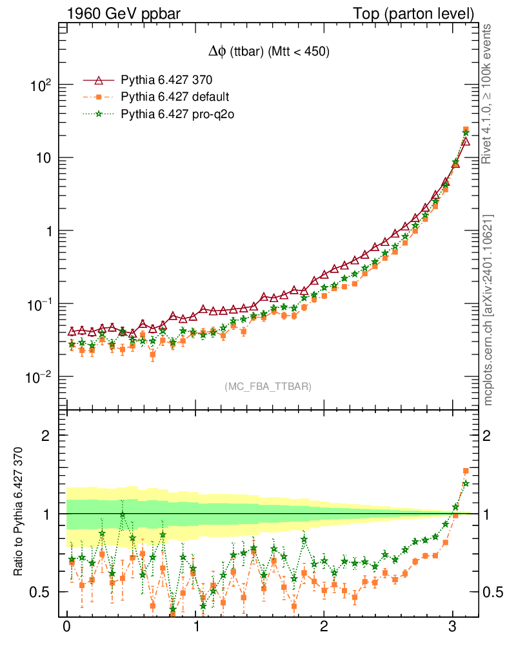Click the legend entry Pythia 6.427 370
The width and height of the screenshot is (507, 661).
(167, 81)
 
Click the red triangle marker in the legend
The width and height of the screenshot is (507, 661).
(99, 81)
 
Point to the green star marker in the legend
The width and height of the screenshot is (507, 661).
(99, 114)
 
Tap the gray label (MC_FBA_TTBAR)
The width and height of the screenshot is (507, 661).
(268, 387)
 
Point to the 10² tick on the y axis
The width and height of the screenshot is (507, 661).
(41, 85)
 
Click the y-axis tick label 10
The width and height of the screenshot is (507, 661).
(43, 158)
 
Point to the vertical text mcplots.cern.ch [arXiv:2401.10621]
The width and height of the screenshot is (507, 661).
(488, 310)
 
